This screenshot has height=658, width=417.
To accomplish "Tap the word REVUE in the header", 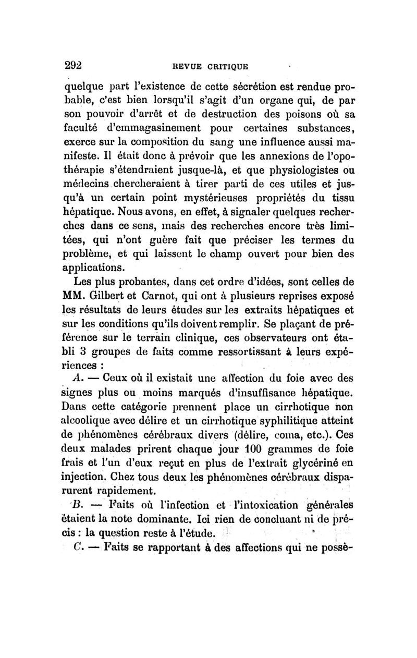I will point(182,66).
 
